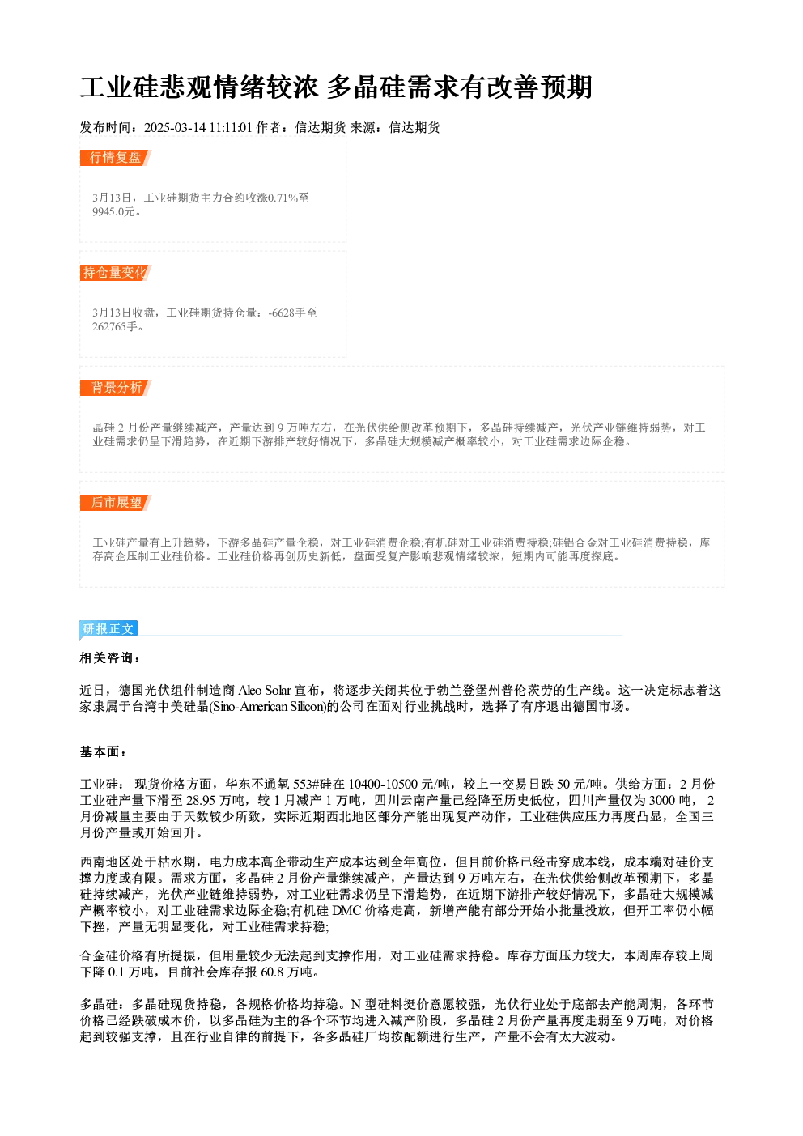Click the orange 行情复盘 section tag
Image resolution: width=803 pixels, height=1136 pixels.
pyautogui.click(x=116, y=158)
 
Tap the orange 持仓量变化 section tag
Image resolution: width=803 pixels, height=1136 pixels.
pyautogui.click(x=116, y=273)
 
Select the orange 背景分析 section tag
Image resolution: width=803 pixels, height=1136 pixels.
pyautogui.click(x=116, y=388)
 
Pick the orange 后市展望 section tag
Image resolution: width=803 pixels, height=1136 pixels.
pyautogui.click(x=116, y=503)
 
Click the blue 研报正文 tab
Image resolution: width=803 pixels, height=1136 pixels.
pyautogui.click(x=108, y=629)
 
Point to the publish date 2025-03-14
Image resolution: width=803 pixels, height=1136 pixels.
pyautogui.click(x=175, y=128)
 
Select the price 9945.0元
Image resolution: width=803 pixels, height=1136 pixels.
pyautogui.click(x=114, y=212)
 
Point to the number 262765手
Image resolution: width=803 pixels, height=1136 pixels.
pyautogui.click(x=115, y=327)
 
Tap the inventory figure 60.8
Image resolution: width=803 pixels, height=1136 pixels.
pyautogui.click(x=273, y=972)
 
